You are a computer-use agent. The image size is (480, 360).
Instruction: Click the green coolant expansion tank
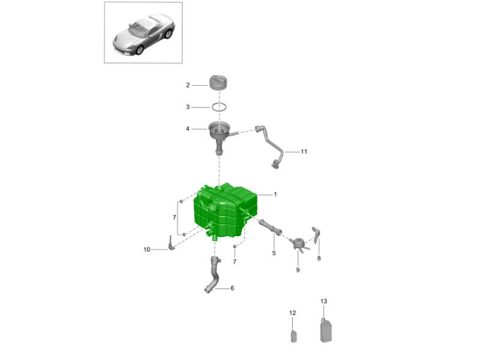point(225,211)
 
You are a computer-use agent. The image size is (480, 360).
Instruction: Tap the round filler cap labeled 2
point(219,82)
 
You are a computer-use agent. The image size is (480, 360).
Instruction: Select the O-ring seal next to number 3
point(219,107)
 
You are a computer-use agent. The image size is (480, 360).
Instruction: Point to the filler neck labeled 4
point(220,137)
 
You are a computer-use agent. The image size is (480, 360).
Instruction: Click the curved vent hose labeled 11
point(273,144)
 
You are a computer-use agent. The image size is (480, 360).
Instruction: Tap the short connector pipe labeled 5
point(271,227)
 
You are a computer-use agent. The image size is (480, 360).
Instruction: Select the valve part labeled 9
point(298,245)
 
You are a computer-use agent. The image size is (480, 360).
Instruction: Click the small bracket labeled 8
point(316,235)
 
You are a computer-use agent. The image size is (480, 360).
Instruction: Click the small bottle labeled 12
point(293,336)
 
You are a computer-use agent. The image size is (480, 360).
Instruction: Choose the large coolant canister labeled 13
point(326,331)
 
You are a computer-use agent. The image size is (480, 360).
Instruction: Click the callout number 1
point(275,194)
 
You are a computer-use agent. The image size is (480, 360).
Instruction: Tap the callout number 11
point(304,152)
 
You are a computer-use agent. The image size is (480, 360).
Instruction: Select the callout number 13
point(323,301)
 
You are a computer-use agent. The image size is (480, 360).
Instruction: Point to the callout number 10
point(147,250)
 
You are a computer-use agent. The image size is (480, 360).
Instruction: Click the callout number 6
point(232,288)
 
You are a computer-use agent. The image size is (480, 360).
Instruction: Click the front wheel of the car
point(140,50)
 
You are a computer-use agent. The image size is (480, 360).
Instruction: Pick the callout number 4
point(188,128)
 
